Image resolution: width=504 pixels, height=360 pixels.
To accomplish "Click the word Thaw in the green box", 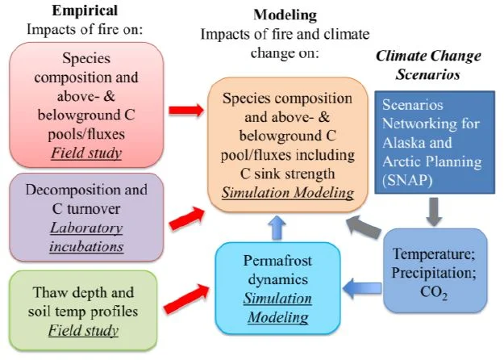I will pyautogui.click(x=64, y=291).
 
